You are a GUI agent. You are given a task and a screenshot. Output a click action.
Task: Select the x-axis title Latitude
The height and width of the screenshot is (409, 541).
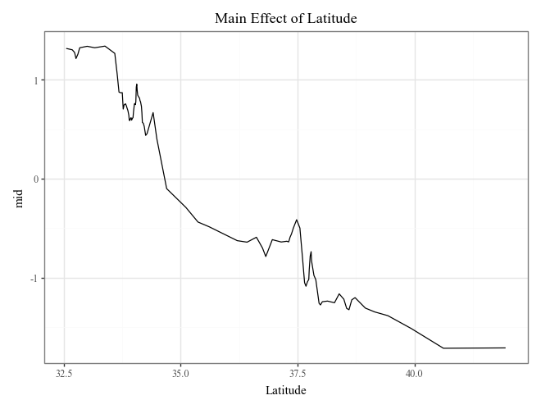(x=285, y=390)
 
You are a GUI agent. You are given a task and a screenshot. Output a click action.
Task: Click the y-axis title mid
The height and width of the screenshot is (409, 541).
(x=20, y=197)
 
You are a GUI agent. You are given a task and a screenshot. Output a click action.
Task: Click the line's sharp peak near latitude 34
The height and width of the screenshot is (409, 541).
(x=137, y=84)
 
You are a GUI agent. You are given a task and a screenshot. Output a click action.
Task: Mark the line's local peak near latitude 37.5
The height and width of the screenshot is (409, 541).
(x=297, y=220)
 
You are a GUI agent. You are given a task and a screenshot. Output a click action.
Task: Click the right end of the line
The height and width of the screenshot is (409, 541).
(x=505, y=348)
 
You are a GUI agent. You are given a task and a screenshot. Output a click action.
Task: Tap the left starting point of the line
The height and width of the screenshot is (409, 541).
(x=66, y=48)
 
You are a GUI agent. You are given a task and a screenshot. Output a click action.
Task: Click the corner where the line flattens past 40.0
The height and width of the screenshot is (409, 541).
(x=443, y=348)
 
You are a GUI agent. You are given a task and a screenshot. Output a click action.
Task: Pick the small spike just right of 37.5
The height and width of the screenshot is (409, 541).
(x=311, y=252)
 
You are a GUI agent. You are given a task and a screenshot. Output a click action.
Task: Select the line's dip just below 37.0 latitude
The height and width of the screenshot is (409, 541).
(x=266, y=257)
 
